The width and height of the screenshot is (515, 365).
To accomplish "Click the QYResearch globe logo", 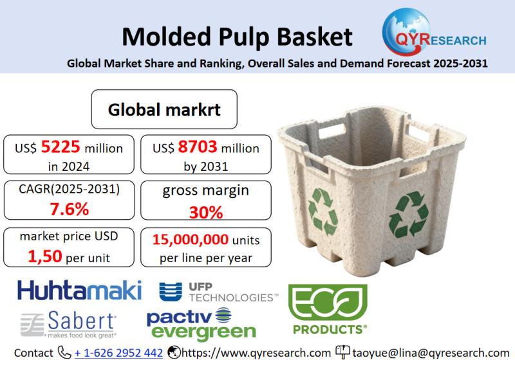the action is coord(434,32).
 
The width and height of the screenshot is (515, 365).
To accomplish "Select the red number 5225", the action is coord(61,147).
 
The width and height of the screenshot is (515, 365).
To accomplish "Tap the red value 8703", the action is coord(198,147).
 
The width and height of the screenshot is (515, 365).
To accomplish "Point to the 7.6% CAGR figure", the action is coord(70,209).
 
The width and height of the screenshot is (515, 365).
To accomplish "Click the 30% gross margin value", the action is coord(206,213).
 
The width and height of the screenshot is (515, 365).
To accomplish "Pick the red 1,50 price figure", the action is coord(44,256).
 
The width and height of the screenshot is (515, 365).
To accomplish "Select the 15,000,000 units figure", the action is coord(190,240).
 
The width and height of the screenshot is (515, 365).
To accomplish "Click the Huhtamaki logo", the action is coord(79,290).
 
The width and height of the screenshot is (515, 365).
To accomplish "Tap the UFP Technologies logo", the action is coord(219,292).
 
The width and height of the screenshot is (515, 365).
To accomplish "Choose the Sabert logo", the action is coord(68,325).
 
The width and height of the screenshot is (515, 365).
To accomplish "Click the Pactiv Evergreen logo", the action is coord(201,324).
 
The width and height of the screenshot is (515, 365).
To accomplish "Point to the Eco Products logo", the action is coord(328,309).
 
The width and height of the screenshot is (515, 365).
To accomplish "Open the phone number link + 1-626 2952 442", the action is coord(118,353).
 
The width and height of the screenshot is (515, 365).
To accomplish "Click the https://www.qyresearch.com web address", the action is coord(256,353).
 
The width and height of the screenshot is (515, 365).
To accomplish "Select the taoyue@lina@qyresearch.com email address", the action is coord(431,353).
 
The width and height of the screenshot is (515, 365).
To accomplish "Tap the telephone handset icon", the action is coord(64,353).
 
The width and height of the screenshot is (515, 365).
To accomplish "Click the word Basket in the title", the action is coord(315,37).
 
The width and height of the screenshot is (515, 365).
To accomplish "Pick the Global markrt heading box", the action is coord(164,109).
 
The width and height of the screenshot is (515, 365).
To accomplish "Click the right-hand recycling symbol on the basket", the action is coord(408,215).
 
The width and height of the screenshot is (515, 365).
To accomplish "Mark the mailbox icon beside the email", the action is coord(342,352).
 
